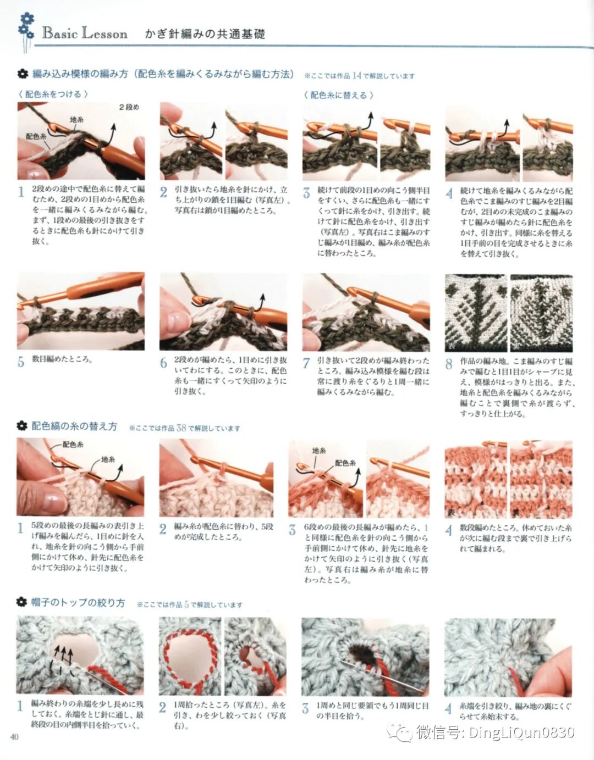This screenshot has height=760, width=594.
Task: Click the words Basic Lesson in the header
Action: (85, 33)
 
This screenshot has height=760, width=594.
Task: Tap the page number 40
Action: (14, 737)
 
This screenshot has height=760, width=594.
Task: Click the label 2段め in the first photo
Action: (129, 107)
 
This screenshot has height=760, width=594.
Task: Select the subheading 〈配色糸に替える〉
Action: (338, 95)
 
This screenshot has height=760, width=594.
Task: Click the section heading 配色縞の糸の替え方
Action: (74, 426)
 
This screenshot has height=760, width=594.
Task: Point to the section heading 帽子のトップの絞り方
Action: (78, 603)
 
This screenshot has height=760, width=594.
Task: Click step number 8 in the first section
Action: (449, 364)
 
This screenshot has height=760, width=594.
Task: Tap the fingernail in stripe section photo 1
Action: (53, 500)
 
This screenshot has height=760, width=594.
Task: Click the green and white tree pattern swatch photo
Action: (509, 313)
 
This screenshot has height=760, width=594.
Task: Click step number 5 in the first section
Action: (21, 362)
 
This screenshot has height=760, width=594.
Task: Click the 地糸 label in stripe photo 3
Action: (318, 450)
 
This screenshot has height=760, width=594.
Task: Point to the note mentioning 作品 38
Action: (185, 428)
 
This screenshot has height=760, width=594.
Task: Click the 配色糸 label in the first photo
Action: (36, 136)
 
